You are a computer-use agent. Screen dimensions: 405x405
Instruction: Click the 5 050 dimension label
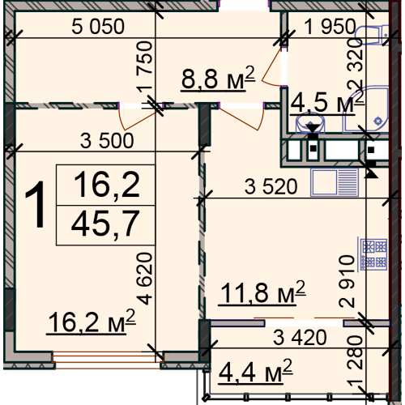pyautogui.click(x=98, y=27)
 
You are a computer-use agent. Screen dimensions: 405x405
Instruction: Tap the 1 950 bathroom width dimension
pyautogui.click(x=330, y=27)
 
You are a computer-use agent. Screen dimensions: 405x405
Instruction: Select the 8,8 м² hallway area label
pyautogui.click(x=218, y=79)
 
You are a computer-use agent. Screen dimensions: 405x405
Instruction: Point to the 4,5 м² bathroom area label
pyautogui.click(x=327, y=103)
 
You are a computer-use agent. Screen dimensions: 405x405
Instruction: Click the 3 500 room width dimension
pyautogui.click(x=107, y=140)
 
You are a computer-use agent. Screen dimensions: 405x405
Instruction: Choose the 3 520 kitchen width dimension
pyautogui.click(x=271, y=186)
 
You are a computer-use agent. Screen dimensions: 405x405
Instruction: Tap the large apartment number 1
pyautogui.click(x=36, y=205)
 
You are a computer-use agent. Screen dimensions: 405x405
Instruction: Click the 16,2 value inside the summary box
pyautogui.click(x=106, y=185)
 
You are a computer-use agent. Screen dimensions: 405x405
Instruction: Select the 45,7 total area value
pyautogui.click(x=105, y=224)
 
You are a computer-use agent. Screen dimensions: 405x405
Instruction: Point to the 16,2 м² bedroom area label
pyautogui.click(x=92, y=322)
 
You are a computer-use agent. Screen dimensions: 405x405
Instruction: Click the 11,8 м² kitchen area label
pyautogui.click(x=262, y=292)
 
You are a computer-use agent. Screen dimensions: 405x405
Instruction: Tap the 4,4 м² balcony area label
pyautogui.click(x=255, y=372)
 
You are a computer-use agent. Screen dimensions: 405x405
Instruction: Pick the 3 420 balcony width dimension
pyautogui.click(x=300, y=337)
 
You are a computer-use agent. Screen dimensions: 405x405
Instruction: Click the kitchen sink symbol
pyautogui.click(x=335, y=182)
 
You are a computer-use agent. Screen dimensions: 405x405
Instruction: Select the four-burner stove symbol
pyautogui.click(x=373, y=254)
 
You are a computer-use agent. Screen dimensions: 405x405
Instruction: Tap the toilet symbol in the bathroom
pyautogui.click(x=372, y=35)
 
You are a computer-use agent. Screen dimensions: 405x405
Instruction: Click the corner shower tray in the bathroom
pyautogui.click(x=367, y=110)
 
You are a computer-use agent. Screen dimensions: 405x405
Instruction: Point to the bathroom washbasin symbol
pyautogui.click(x=310, y=123)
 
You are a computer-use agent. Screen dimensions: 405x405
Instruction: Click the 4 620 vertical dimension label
pyautogui.click(x=144, y=279)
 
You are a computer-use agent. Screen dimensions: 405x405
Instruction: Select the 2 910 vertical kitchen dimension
pyautogui.click(x=347, y=281)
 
